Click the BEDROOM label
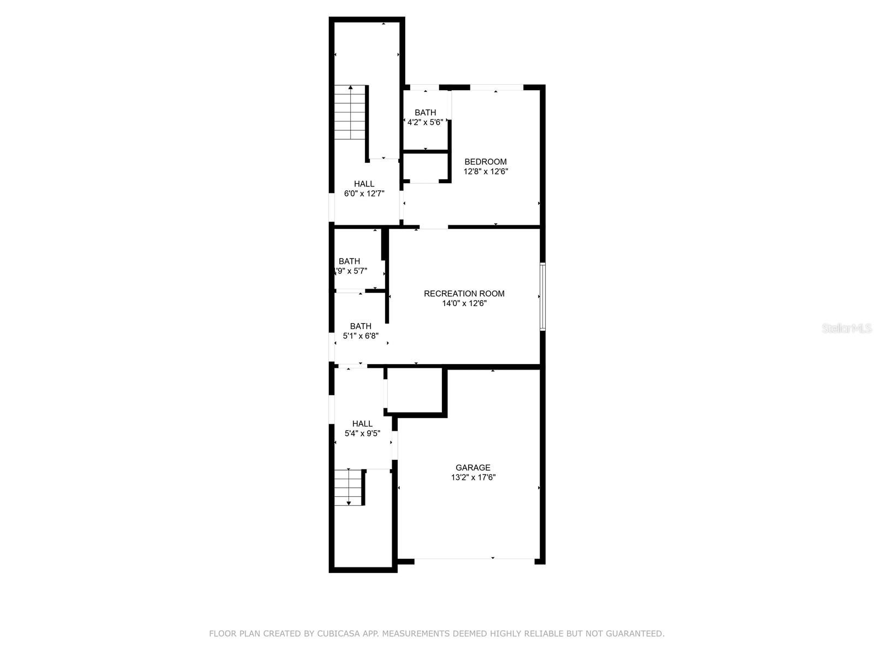click(485, 162)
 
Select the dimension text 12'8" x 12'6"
click(486, 172)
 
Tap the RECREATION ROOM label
click(464, 294)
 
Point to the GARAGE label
click(473, 467)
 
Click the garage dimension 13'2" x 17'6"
click(473, 477)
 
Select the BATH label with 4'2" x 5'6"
click(425, 113)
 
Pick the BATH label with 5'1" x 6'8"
click(361, 326)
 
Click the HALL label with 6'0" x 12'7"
click(364, 184)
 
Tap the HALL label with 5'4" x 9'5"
click(362, 424)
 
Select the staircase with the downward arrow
click(349, 487)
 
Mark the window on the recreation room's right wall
click(542, 296)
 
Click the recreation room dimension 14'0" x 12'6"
click(464, 303)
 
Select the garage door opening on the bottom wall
click(474, 559)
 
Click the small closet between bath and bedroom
click(426, 168)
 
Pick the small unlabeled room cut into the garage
click(414, 390)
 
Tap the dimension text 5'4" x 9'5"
click(362, 434)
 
